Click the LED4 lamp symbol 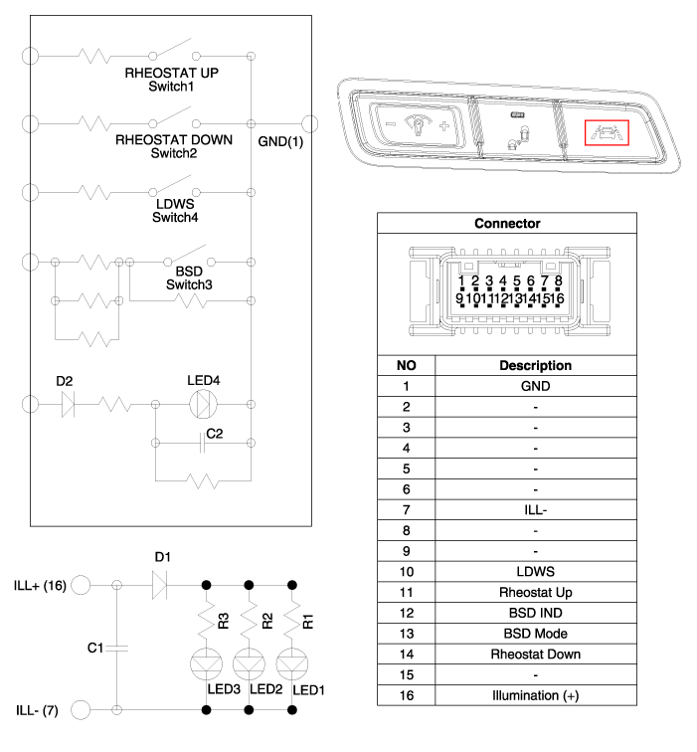click(203, 404)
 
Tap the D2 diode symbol click(68, 404)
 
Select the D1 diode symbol click(160, 585)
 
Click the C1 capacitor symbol click(117, 648)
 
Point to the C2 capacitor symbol click(202, 443)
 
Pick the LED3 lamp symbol click(206, 664)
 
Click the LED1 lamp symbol click(292, 664)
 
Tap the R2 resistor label click(267, 621)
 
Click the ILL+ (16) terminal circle click(81, 585)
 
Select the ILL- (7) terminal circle click(81, 710)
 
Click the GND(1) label click(280, 141)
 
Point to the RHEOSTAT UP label click(172, 73)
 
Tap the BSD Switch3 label click(189, 278)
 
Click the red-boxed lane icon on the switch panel click(607, 132)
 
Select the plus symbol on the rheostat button click(443, 126)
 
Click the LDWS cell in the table click(536, 572)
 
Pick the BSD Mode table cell click(536, 634)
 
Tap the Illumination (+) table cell click(536, 695)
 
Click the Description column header click(536, 365)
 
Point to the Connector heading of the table click(507, 224)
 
